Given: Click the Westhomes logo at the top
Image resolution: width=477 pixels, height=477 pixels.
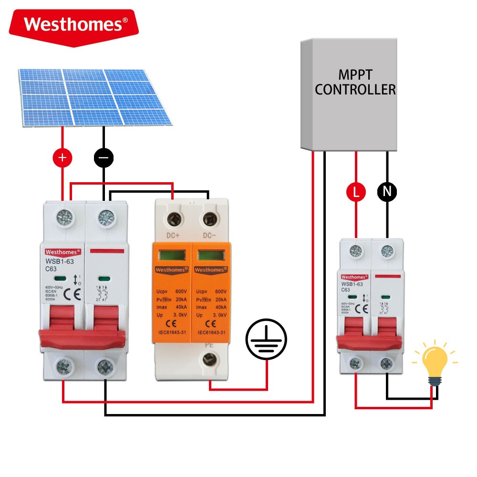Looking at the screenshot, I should click(75, 24).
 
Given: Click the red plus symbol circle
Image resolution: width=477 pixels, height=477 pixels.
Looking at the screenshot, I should click(62, 157).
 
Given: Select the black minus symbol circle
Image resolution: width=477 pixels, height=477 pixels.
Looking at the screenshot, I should click(104, 157).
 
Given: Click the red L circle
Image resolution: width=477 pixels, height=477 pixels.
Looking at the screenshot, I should click(356, 192).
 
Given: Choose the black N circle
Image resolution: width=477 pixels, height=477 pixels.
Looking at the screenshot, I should click(387, 192).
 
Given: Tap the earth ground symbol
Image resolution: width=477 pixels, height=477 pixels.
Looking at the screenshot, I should click(267, 340).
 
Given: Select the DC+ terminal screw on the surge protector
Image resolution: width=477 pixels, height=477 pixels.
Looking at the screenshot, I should click(173, 219).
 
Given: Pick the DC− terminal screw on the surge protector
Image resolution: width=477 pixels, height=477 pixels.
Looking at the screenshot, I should click(208, 219).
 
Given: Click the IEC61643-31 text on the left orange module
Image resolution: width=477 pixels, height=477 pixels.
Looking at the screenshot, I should click(172, 332).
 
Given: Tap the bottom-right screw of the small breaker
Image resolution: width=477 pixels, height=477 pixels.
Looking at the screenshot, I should click(386, 364).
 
